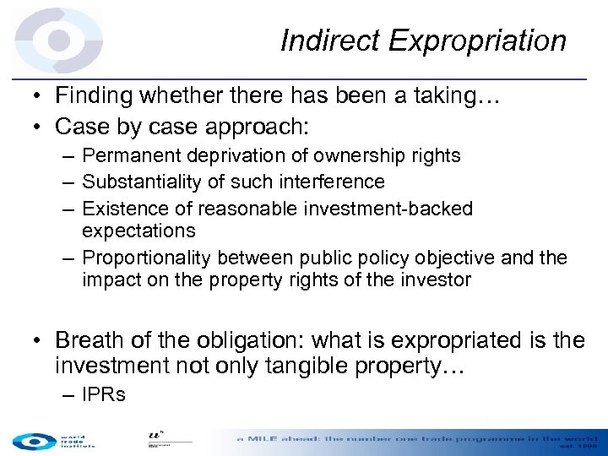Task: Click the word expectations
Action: point(138,231)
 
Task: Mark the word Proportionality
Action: point(147,257)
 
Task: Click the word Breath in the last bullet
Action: point(90,340)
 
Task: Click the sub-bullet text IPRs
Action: point(104,394)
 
